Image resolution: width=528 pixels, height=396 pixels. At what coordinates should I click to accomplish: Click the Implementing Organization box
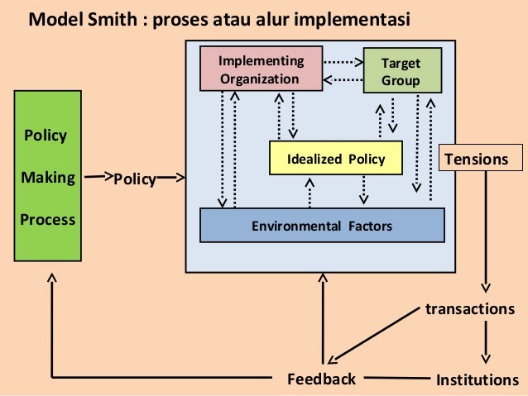(x=261, y=69)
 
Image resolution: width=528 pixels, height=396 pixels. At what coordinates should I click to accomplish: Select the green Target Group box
(x=401, y=72)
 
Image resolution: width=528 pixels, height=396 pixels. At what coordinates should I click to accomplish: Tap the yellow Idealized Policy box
(x=335, y=159)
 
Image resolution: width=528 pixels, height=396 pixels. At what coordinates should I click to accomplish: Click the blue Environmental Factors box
(x=322, y=225)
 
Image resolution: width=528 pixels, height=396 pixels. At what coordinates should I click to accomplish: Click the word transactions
(x=469, y=308)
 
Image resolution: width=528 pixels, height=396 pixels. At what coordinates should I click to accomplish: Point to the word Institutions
(x=477, y=380)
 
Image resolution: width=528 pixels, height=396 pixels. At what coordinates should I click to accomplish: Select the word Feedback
(x=321, y=379)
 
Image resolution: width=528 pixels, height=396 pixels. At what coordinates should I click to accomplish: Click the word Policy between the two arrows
(x=134, y=179)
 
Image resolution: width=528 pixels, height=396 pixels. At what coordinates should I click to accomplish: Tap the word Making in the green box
(x=48, y=177)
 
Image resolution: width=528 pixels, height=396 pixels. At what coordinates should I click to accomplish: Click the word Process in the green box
(x=48, y=220)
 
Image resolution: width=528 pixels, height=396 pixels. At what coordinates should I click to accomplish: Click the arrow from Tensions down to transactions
(x=486, y=231)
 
